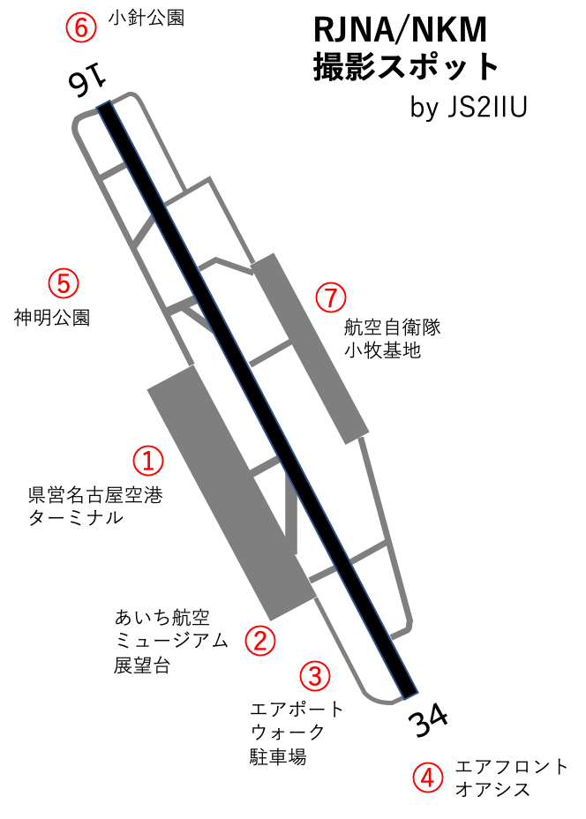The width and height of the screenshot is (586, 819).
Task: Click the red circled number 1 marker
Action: (148, 461)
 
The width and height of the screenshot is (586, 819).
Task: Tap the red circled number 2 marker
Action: (260, 640)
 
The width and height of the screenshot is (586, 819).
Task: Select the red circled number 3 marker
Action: (315, 675)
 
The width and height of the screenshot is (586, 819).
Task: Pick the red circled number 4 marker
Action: (428, 778)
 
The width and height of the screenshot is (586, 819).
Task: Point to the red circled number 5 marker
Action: (64, 283)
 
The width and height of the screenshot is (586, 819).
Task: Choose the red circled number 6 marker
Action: (81, 27)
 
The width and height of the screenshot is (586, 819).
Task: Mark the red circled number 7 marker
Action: (331, 297)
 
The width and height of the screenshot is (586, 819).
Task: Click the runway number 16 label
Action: (86, 83)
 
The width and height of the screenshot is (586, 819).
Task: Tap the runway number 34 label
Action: (428, 719)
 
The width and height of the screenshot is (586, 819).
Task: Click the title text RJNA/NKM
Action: (400, 30)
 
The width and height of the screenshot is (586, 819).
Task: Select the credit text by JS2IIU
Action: (469, 107)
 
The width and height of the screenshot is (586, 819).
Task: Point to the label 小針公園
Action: (146, 19)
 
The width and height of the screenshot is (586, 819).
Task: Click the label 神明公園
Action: (52, 317)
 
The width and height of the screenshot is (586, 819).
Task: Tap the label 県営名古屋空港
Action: (95, 494)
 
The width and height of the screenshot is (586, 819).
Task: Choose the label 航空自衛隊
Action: (392, 327)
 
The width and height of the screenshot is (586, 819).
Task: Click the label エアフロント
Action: (511, 766)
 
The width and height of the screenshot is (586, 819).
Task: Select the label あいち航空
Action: (162, 618)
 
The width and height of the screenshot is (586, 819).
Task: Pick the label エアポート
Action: (297, 709)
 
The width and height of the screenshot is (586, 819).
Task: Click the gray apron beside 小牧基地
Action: (311, 349)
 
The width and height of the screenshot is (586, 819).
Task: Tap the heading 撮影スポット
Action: (406, 66)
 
